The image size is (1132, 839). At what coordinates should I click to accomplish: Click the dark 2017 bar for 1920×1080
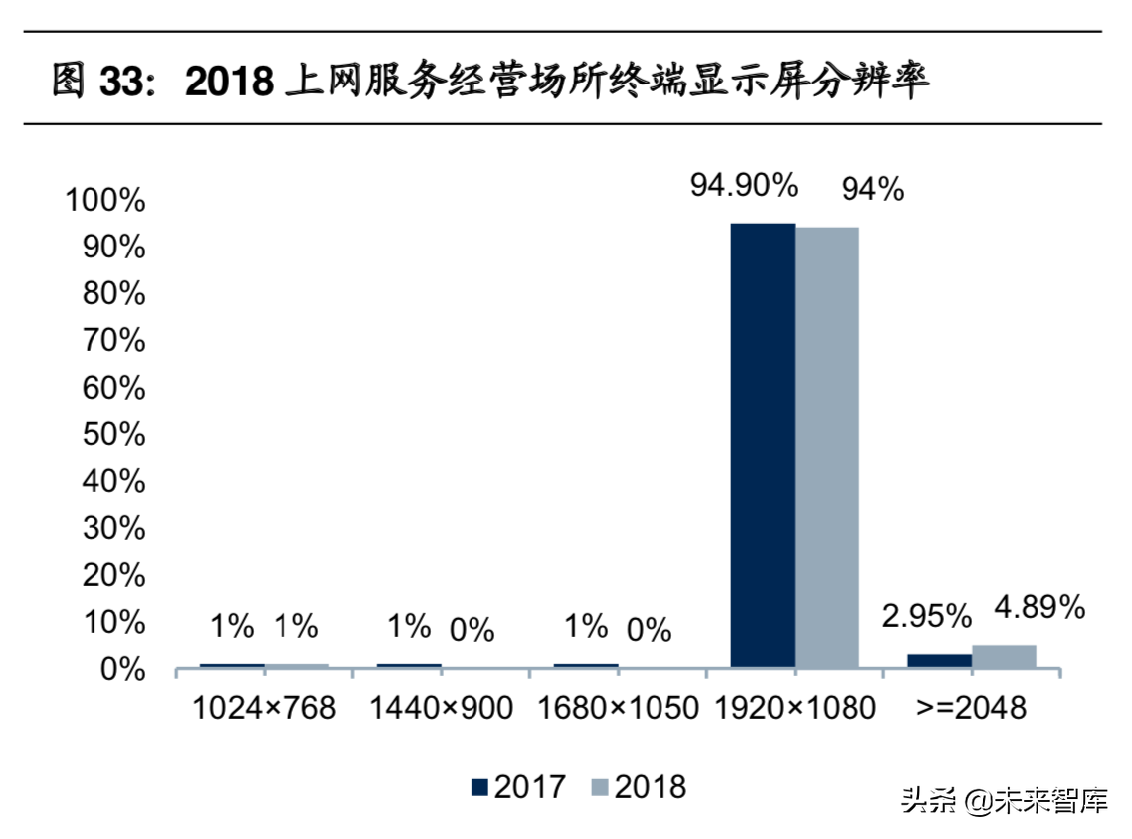pos(763,444)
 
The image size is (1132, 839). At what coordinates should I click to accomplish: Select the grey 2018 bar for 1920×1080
pos(827,446)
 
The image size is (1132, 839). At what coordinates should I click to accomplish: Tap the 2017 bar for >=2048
pos(940,660)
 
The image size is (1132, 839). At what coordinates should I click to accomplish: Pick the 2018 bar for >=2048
pos(1004,656)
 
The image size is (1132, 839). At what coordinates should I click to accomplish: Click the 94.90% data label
pos(745,185)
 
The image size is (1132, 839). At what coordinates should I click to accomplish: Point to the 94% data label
pos(872,189)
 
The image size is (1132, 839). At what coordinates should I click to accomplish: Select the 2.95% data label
pos(927,616)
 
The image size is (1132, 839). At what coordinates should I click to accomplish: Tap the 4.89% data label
pos(1039,608)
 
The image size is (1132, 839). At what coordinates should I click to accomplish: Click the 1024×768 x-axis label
pos(264,708)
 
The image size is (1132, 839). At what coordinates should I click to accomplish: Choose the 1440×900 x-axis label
pos(441,708)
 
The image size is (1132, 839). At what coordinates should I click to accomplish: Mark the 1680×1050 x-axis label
pos(618,708)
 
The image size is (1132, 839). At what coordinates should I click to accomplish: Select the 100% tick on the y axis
pos(104,200)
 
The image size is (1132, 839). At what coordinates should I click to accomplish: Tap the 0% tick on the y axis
pos(122,669)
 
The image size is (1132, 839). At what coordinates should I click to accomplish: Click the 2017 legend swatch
pos(480,788)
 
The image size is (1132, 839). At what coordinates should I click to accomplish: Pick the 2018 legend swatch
pos(600,788)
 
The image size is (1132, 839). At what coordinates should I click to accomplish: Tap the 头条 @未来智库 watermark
pos(1004,800)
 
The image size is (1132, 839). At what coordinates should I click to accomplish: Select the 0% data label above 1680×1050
pos(649,629)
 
